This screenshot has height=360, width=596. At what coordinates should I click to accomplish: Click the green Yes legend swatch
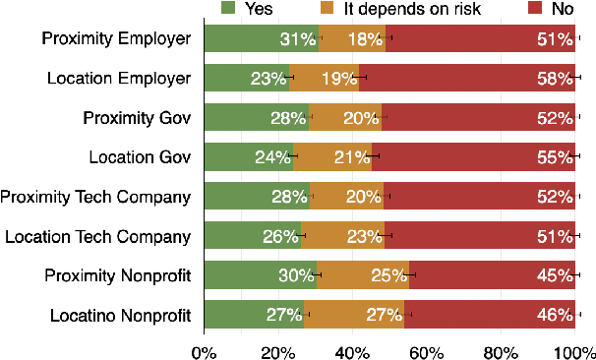point(228,9)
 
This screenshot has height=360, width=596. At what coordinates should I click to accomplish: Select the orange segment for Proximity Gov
point(344,118)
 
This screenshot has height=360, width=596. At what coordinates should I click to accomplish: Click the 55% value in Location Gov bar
point(556,157)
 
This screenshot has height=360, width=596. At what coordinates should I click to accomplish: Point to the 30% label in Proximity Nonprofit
point(296,275)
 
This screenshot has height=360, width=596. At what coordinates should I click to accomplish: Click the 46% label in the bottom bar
point(556,315)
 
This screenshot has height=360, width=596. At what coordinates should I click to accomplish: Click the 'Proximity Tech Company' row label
point(95,197)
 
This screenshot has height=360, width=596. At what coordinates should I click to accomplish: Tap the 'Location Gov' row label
point(139,157)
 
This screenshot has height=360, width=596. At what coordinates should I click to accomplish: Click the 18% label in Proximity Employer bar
point(365,39)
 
